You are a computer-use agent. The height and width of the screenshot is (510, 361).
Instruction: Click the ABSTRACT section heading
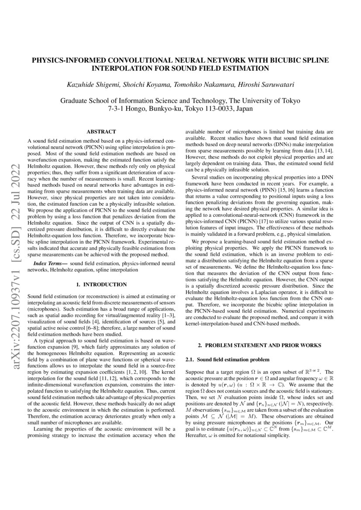[101, 131]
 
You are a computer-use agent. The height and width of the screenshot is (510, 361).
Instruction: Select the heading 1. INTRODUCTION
[101, 284]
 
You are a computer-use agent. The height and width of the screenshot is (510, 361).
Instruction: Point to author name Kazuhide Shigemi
[100, 84]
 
